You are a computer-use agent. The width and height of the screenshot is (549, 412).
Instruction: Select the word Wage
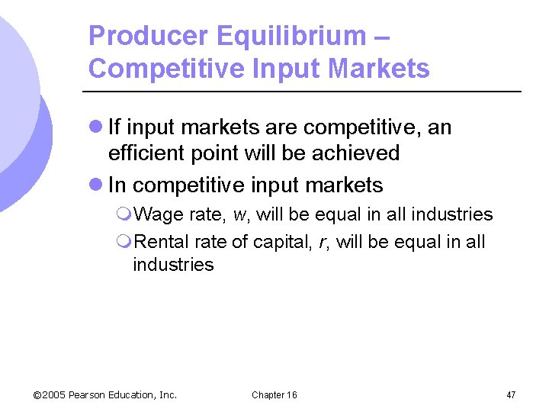pos(159,214)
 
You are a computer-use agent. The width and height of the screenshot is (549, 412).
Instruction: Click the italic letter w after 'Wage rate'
pos(242,215)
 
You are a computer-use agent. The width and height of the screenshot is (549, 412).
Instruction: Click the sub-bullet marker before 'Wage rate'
pos(126,215)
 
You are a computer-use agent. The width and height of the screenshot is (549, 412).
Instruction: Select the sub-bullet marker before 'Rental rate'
pos(126,243)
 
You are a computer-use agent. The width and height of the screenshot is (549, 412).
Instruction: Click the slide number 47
pos(511,394)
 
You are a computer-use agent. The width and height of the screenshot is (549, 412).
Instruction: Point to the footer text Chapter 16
pos(274,394)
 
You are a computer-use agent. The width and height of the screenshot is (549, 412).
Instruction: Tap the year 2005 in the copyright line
pos(53,394)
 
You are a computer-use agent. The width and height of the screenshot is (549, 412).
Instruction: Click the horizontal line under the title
pos(305,92)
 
